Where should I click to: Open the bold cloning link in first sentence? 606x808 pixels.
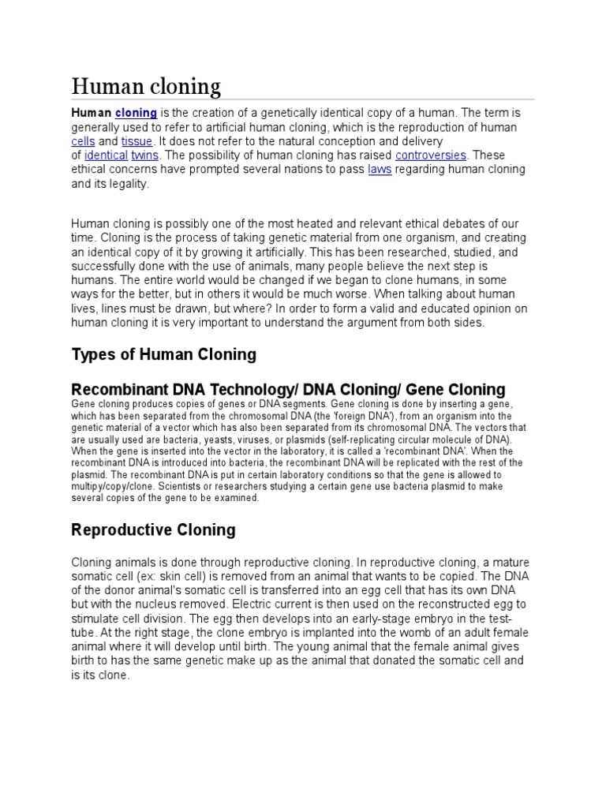point(136,113)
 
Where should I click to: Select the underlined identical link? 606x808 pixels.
point(106,155)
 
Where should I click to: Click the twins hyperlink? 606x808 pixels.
point(144,155)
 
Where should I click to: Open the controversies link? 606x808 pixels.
point(431,155)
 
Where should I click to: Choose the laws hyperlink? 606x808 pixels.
point(380,170)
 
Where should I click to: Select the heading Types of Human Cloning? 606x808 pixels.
point(163,354)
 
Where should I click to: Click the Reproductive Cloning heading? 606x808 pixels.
point(153,529)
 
